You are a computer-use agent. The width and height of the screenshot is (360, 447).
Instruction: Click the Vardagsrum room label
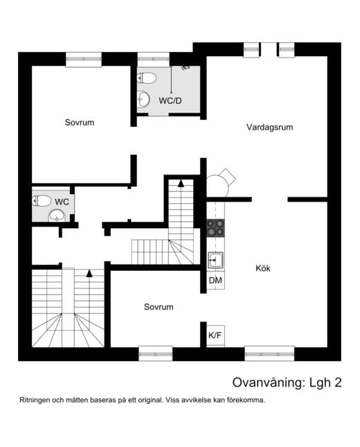pos(271,128)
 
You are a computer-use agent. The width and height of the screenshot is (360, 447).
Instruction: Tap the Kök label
pos(262,268)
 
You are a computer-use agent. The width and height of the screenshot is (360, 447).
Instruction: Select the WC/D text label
pos(170,100)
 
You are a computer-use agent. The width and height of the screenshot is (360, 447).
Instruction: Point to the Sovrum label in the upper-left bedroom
pos(80,123)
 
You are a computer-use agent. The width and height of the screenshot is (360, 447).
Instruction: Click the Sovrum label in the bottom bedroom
pos(159,306)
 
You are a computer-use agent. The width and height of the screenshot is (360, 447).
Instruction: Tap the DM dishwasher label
pos(215,280)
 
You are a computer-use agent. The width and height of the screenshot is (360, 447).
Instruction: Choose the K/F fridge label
pos(215,335)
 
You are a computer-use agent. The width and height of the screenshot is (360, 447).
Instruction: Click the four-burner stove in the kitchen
pos(216,228)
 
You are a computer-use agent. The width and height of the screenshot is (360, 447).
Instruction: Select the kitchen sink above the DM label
pos(216,261)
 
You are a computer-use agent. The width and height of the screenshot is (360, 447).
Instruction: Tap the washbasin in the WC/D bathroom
pos(143,100)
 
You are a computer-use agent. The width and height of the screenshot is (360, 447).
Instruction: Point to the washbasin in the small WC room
pos(56,216)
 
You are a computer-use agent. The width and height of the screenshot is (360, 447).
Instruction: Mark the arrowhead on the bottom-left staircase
pos(89,273)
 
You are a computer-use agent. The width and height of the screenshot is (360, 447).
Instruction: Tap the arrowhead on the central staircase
pos(181,184)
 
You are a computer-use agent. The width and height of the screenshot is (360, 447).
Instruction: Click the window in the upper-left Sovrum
pos(84,59)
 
